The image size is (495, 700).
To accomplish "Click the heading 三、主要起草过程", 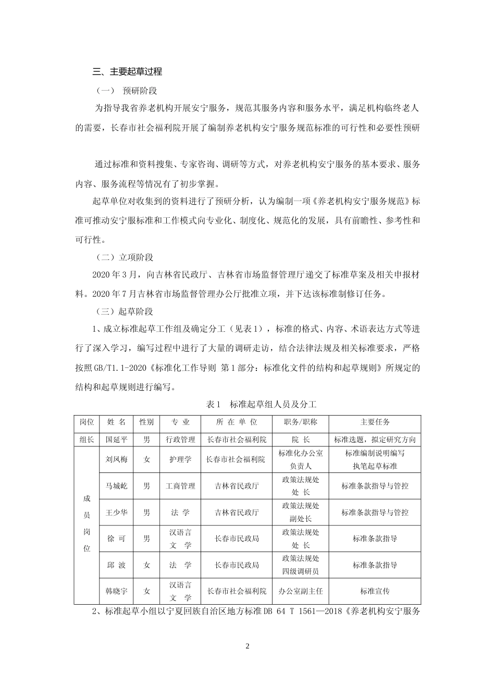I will point(127,71).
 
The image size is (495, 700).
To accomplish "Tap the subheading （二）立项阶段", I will point(125,257).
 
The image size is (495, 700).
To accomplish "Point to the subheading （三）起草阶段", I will point(125,311).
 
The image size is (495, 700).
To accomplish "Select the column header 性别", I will point(146,422).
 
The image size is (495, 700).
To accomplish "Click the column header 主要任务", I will point(375,422).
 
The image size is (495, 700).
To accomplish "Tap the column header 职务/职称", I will point(300,422).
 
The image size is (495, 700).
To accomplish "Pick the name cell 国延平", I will point(116,440).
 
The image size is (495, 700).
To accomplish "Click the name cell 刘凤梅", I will point(116,459).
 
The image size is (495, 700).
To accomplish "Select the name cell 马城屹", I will point(116,486).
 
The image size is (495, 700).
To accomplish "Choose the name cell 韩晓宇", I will point(116,591).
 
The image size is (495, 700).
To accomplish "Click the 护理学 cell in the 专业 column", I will point(180,459).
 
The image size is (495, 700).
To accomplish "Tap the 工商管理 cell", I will point(180,486).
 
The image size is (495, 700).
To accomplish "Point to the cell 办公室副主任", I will point(300,591).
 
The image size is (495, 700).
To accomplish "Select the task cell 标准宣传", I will point(375,591).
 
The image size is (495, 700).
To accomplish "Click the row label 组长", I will point(86,440).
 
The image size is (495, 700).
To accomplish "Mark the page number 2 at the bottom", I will point(247,646).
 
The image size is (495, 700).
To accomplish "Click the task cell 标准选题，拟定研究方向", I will point(375,440).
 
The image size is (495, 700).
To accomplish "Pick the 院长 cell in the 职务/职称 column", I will point(300,440).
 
